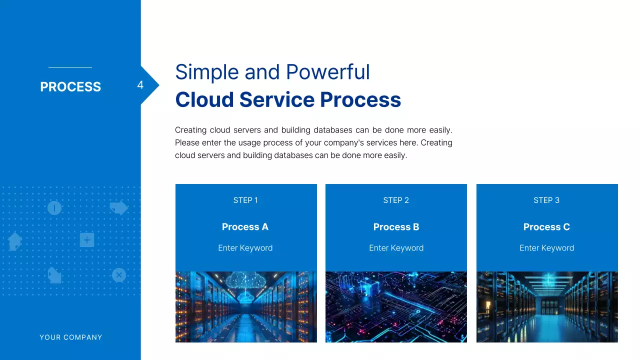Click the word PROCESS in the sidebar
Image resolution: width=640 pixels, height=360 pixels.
[x=70, y=87]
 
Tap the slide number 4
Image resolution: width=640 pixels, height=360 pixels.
[x=140, y=85]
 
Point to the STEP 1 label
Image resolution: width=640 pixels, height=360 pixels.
[x=245, y=200]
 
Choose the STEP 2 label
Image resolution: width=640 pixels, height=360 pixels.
[x=396, y=200]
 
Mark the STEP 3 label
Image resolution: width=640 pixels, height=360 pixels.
[x=546, y=200]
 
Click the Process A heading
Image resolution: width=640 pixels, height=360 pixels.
[x=245, y=227]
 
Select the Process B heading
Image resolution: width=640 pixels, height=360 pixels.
[x=396, y=227]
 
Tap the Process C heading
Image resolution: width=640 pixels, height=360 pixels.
[x=546, y=227]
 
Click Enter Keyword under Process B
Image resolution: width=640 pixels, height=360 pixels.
[x=396, y=248]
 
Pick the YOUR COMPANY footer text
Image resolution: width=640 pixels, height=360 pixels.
[x=71, y=337]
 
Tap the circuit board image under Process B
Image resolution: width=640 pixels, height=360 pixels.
[x=396, y=307]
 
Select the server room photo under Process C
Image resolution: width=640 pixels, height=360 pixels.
[x=547, y=307]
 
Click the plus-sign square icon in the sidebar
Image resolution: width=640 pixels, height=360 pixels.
[x=87, y=240]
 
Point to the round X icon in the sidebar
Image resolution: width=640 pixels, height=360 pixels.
[x=118, y=275]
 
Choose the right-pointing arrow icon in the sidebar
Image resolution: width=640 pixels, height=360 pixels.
[x=118, y=207]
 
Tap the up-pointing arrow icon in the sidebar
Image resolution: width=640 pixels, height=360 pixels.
[x=15, y=241]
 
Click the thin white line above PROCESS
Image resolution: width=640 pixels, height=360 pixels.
[x=70, y=67]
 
